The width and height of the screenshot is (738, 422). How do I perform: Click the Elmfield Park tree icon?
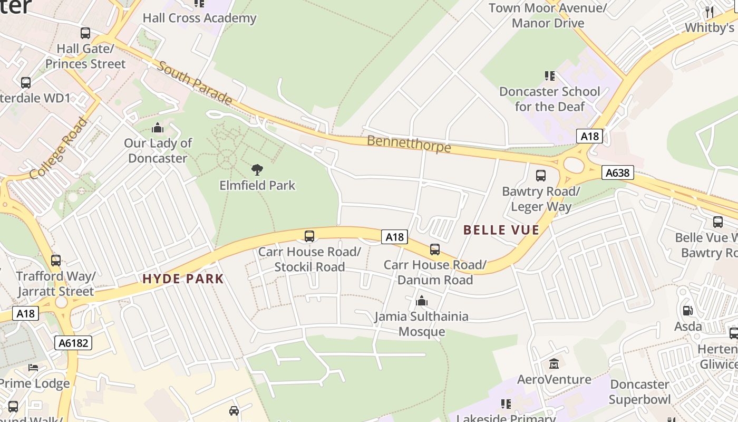point(257,170)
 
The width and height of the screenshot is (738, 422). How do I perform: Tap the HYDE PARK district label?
point(183,279)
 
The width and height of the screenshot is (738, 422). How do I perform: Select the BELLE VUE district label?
point(501,230)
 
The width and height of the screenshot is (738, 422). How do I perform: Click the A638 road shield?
point(617,172)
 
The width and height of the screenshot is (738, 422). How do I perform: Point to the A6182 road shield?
point(73,343)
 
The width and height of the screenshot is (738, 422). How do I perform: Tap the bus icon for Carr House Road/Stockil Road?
point(309,236)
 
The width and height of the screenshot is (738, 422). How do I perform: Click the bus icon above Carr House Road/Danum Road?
point(435,250)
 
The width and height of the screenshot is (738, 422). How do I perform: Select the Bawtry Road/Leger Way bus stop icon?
point(541,176)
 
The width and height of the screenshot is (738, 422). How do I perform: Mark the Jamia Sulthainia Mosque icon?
point(421,301)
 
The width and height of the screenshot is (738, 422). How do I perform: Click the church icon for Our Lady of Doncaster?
point(158,128)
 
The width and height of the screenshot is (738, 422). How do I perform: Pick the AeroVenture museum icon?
point(554,364)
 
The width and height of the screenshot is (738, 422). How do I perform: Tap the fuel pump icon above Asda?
point(688,311)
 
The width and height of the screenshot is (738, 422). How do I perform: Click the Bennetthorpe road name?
point(409,143)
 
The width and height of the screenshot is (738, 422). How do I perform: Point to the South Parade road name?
point(195,83)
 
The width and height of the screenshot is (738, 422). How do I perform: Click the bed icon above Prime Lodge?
point(33,368)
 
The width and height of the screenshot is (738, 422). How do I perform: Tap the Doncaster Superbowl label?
point(639,392)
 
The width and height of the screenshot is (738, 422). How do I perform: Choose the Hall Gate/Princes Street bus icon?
point(85,33)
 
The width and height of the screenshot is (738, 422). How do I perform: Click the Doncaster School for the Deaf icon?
point(550,76)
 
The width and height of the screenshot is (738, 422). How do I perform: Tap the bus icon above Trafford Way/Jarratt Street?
point(56,261)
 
